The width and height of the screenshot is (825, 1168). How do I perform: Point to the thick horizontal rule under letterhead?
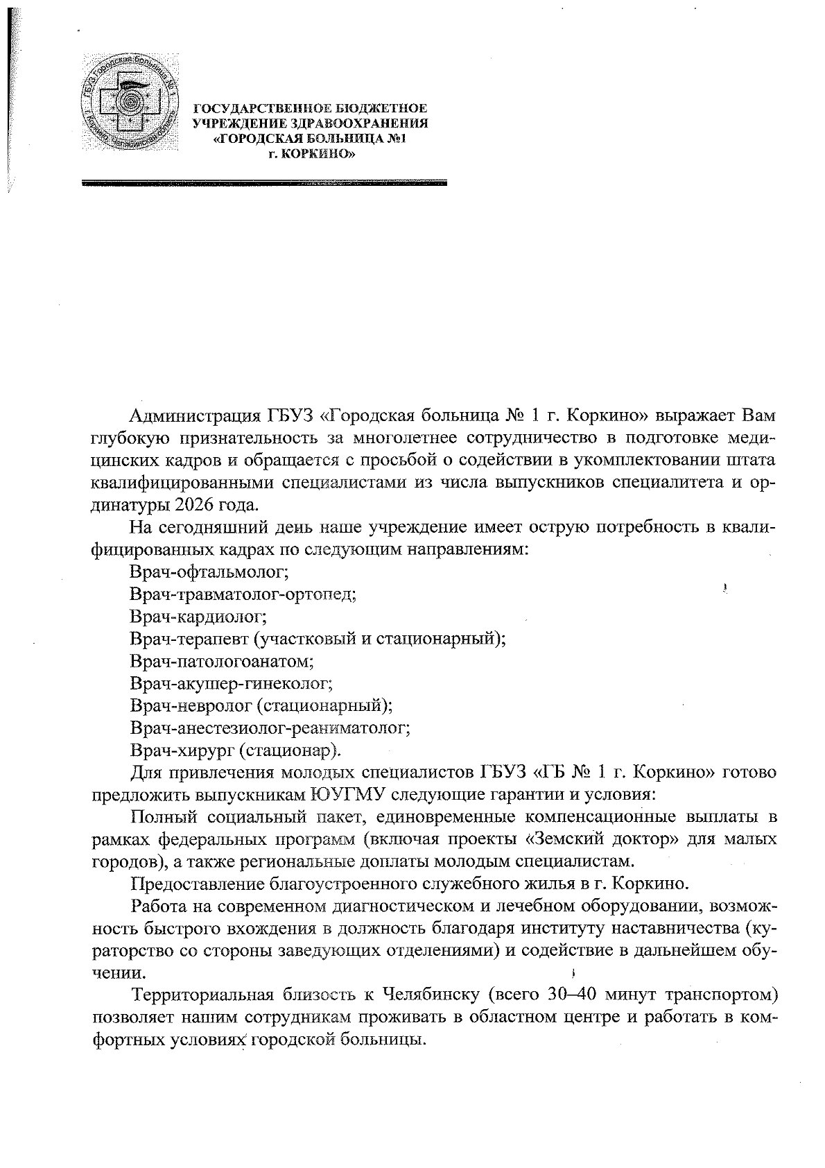point(264,184)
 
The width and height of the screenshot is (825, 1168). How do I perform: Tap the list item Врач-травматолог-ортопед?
point(243,594)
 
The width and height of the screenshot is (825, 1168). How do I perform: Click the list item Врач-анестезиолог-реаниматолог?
point(270,728)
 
